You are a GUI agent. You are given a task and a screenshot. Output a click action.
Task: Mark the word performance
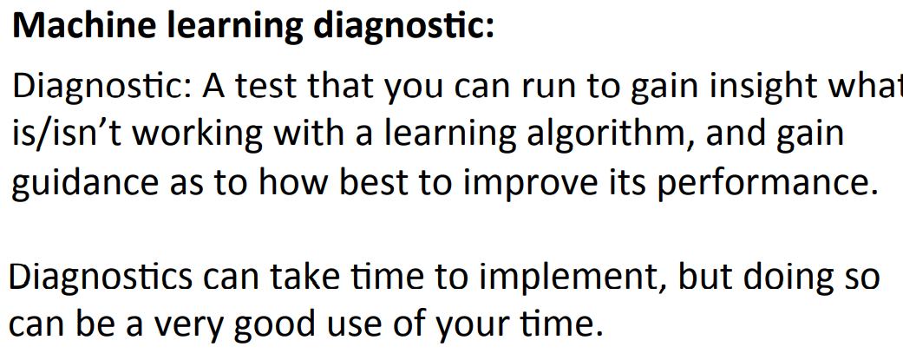coord(752,184)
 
